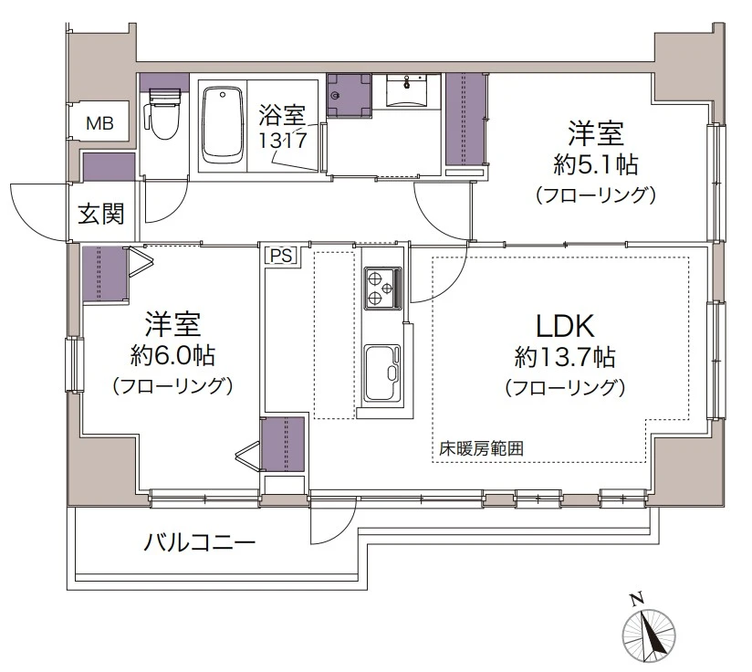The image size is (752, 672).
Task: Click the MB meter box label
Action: point(100,123)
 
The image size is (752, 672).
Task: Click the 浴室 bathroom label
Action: point(283,116)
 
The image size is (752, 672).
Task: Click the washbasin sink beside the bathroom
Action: point(407,92)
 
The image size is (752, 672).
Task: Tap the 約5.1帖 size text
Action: point(595,165)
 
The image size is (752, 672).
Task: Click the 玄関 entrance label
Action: point(100,215)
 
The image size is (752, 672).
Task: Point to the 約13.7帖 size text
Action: point(564,356)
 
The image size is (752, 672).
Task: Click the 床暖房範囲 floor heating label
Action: point(481,449)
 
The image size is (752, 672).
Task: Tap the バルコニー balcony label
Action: point(199,544)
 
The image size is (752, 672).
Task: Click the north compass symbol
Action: point(649,634)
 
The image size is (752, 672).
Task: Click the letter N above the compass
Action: point(635,599)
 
